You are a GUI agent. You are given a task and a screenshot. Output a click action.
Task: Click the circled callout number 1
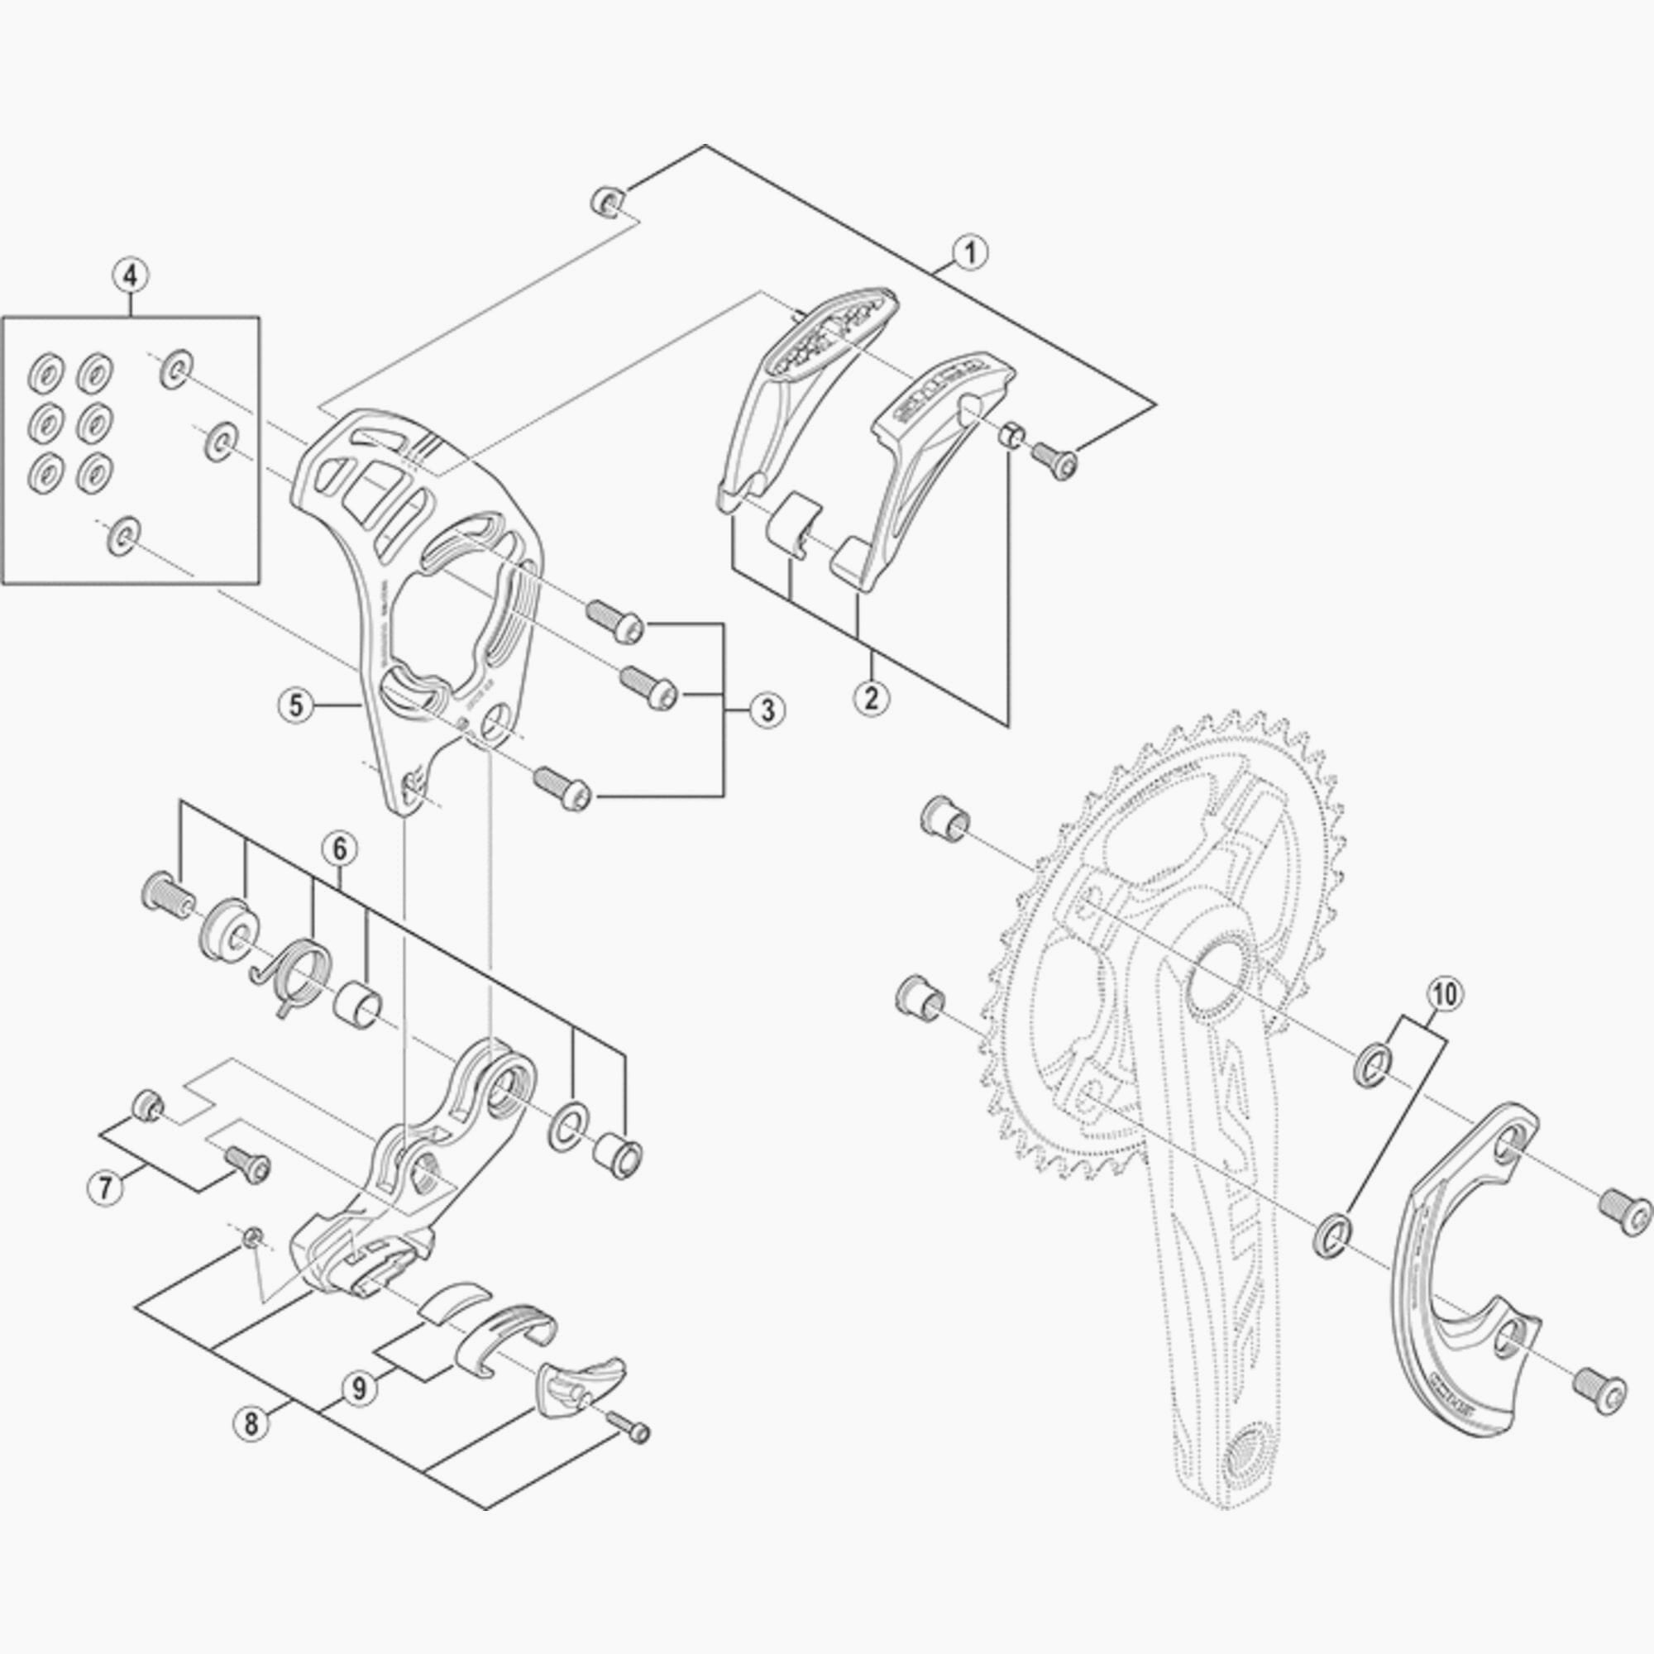click(x=969, y=253)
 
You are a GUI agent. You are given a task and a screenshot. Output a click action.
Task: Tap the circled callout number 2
click(x=872, y=696)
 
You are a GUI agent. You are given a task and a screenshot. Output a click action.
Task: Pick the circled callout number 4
click(x=130, y=275)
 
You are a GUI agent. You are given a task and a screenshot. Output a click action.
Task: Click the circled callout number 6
click(x=339, y=849)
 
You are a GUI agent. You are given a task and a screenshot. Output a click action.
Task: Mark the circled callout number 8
click(x=250, y=1425)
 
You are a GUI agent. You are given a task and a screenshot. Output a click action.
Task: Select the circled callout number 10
click(x=1444, y=994)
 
